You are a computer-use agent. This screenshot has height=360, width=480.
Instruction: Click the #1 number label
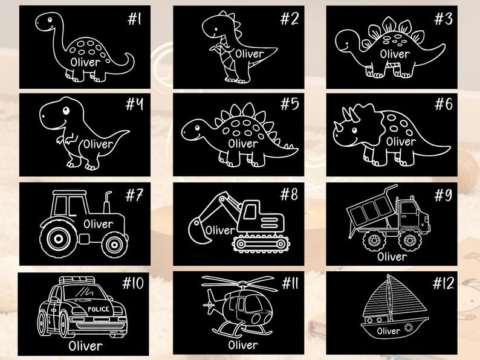[x=134, y=19]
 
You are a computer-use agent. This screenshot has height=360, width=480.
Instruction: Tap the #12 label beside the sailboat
[x=443, y=283]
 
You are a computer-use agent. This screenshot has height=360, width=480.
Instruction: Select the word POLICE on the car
[x=99, y=309]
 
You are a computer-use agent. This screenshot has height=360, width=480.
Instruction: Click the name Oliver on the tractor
[x=99, y=224]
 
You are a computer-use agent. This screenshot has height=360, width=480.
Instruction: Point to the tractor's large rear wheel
[x=57, y=237]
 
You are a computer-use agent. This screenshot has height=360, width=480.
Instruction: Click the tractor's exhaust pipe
[x=107, y=202]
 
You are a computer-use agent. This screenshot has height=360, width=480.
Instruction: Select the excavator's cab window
[x=250, y=211]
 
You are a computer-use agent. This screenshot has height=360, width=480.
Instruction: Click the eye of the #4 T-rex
[x=66, y=110]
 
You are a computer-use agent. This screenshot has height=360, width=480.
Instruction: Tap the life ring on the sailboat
[x=408, y=327]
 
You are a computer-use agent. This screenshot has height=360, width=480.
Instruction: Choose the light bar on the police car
[x=77, y=280]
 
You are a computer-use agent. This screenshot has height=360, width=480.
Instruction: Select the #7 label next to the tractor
[x=134, y=194]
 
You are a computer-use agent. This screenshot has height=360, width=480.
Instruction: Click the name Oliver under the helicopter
[x=243, y=345]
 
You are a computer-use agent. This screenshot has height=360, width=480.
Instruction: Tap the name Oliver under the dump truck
[x=392, y=256]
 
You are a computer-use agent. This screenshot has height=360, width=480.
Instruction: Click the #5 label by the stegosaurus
[x=290, y=104]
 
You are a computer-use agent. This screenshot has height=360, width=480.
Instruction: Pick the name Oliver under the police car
[x=85, y=346]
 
